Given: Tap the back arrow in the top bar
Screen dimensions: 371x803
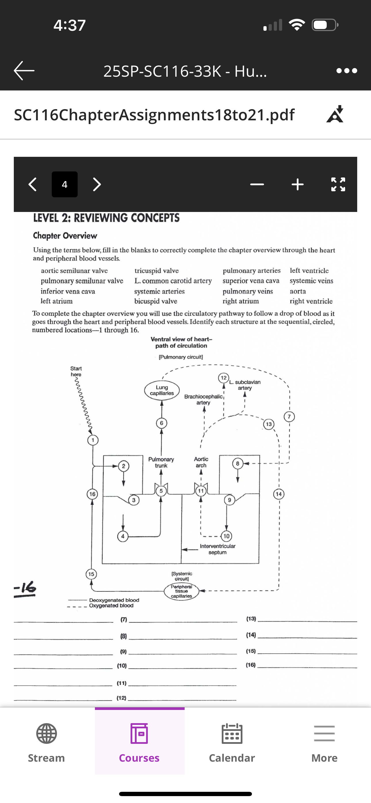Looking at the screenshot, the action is (24, 70).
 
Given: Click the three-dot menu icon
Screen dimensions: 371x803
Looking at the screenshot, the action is (347, 71).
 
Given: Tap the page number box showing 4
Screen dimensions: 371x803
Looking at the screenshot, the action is (65, 184).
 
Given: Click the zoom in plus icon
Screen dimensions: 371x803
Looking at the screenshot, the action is (298, 184).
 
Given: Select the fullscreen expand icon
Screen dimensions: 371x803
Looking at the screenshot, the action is (338, 184).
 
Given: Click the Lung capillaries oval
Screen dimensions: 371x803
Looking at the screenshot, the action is (162, 390).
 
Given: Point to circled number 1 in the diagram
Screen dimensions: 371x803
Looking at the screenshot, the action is (93, 440).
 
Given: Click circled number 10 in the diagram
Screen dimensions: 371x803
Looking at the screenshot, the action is (226, 536).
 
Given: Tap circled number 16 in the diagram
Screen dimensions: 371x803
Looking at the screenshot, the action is (92, 494).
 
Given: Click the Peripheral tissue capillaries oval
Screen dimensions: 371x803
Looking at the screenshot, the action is (181, 591).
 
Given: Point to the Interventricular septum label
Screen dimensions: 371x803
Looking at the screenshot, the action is (218, 549).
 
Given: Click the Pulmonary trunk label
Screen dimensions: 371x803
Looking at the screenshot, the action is (161, 462).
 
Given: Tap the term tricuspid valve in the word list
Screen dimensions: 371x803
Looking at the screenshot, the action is (156, 271).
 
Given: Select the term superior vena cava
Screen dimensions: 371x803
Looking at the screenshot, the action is (251, 281).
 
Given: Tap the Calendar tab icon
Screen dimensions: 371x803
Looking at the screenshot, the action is (232, 734).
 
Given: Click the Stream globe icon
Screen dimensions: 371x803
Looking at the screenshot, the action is (47, 734).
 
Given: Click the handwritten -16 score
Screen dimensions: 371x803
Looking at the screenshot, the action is (25, 588).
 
